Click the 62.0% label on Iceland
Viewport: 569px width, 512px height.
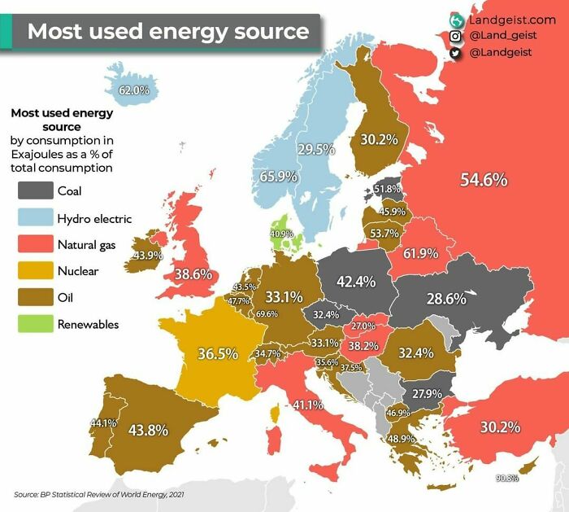134,90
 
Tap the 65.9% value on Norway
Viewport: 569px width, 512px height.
278,176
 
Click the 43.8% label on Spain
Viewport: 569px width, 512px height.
148,430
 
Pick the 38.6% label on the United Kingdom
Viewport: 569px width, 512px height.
193,274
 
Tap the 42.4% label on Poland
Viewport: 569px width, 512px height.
355,282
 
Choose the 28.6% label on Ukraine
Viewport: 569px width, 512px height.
445,298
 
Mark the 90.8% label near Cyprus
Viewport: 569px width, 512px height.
506,478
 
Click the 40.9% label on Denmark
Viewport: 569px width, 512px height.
281,234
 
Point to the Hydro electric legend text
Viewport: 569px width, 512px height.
94,219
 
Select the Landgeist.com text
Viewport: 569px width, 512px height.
512,19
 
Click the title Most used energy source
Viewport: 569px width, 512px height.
168,32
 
